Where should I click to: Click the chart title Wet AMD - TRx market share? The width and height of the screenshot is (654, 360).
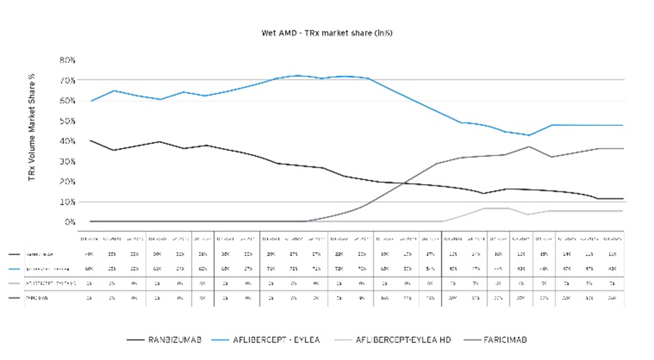point(327,33)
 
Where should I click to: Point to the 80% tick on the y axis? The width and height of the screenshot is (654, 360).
point(68,60)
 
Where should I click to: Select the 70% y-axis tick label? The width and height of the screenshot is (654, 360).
point(68,80)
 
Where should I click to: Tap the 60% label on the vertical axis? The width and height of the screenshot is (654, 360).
point(68,100)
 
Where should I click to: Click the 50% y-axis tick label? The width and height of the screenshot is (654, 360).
point(68,121)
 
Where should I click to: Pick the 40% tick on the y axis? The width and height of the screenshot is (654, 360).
point(68,141)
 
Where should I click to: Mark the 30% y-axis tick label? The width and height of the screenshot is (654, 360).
point(68,161)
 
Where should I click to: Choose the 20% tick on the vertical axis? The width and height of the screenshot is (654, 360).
point(68,181)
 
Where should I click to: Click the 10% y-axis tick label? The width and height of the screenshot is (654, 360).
point(68,202)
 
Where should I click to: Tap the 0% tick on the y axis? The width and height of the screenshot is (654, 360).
point(70,222)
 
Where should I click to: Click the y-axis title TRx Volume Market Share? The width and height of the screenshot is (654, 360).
point(32,127)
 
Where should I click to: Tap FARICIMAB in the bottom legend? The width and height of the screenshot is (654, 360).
point(504,340)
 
